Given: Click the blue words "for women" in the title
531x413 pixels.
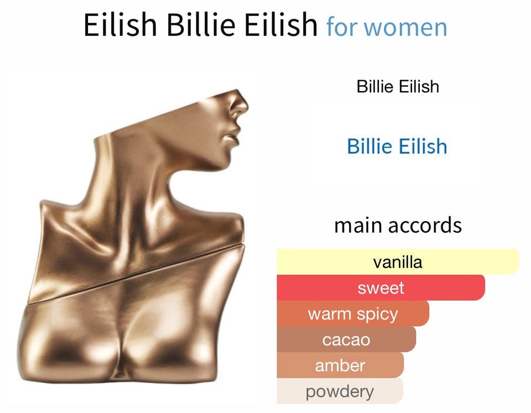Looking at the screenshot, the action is tap(387, 27).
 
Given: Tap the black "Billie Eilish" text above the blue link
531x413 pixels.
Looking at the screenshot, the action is tap(398, 86).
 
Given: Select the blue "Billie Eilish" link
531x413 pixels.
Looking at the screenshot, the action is tap(397, 147).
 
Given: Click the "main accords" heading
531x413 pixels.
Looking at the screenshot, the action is tap(398, 225).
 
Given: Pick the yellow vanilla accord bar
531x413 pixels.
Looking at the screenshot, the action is tap(398, 262).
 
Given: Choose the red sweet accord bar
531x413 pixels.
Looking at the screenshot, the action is tap(381, 287).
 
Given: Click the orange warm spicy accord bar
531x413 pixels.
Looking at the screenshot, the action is tap(353, 314).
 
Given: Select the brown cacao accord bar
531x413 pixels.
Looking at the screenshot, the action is tap(346, 339).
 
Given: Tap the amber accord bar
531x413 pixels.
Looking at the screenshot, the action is tap(340, 365).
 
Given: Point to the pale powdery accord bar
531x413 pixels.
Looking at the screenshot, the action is tap(340, 391).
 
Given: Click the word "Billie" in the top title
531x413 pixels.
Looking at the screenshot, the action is tap(201, 25).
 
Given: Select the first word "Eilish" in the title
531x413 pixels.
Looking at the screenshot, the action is tap(120, 25).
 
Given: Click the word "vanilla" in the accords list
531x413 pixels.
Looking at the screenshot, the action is tap(398, 262).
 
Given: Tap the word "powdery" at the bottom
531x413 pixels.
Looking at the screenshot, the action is tap(340, 392).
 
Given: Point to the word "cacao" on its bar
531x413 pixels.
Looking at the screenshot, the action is tap(346, 340).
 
